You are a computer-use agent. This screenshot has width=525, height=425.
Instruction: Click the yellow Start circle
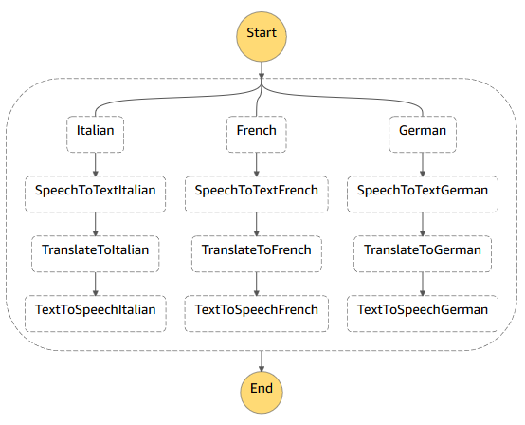point(261,33)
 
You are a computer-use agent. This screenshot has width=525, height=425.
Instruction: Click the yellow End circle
point(261,389)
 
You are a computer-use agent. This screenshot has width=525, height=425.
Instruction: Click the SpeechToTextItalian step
point(96,191)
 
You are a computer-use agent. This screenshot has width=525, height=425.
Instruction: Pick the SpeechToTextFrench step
point(256,191)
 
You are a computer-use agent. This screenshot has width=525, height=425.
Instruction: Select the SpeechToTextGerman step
point(423,191)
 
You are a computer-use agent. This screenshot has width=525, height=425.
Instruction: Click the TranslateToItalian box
point(96,250)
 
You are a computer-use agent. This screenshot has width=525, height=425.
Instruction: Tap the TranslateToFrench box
point(256,250)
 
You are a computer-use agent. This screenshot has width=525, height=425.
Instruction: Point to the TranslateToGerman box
point(423,250)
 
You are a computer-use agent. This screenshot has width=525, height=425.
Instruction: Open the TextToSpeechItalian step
point(96,310)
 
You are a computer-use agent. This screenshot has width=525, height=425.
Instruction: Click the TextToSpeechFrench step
point(256,310)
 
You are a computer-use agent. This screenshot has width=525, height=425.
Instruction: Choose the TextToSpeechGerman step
point(423,310)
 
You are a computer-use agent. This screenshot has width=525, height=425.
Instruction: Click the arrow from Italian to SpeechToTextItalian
point(96,162)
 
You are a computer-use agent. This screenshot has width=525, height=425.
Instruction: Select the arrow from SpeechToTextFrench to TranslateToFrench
point(256,221)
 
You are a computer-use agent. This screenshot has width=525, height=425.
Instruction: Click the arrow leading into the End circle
point(261,359)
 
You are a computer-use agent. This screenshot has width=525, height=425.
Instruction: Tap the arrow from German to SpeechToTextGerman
point(423,162)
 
